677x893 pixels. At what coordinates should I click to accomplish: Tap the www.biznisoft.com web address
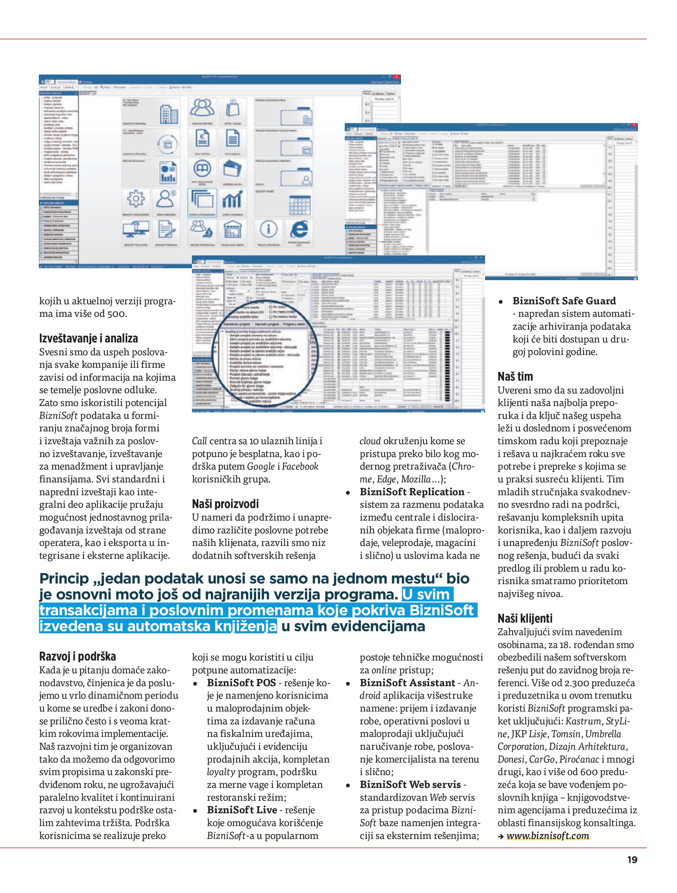coord(547,836)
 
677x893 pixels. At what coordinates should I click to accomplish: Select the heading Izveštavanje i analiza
coord(88,338)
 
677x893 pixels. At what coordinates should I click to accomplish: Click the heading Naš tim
coord(515,377)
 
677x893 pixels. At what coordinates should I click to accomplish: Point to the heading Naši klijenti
coord(525,618)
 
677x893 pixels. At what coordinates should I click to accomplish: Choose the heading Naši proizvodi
coord(225,504)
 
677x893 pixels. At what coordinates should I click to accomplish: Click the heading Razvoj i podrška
coord(78,657)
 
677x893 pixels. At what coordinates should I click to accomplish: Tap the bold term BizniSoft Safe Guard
coord(564,301)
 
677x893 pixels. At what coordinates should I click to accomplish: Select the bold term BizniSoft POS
coord(241,683)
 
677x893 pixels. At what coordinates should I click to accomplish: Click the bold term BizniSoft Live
coord(241,810)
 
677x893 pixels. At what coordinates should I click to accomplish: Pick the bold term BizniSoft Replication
coord(412,492)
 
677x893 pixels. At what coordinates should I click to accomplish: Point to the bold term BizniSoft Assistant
coord(407,683)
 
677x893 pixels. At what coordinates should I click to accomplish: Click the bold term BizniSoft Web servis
coord(410,785)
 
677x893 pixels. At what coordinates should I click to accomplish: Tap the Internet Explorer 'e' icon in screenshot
coord(299,229)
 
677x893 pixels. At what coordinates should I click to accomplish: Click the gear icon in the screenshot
coord(136,199)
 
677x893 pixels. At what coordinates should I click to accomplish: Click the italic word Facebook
coord(300,466)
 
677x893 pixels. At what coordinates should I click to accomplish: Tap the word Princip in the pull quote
coord(64,579)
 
